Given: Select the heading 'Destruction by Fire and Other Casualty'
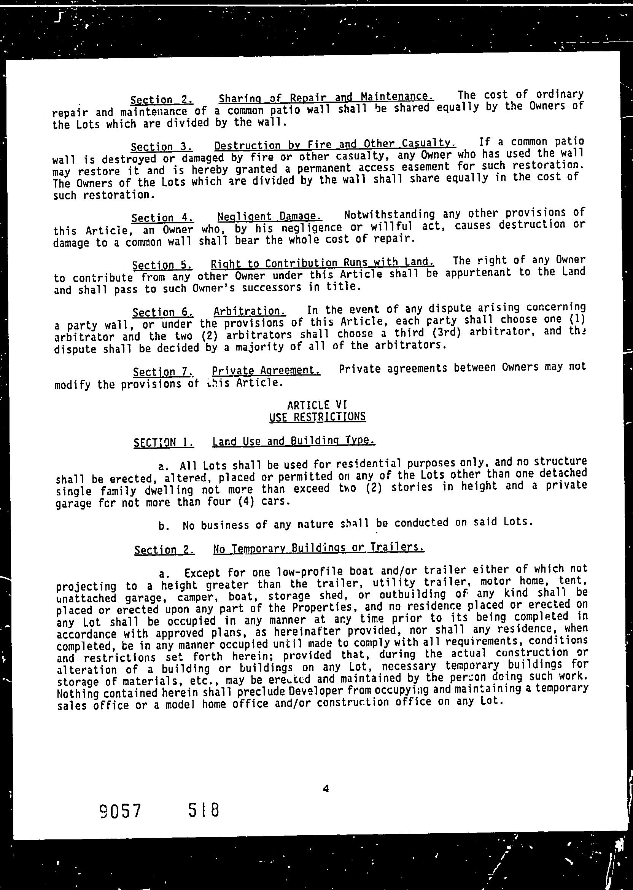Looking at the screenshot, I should [335, 145].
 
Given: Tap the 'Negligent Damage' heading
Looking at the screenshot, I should [269, 216].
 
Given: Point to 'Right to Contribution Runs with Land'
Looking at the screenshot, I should [322, 263].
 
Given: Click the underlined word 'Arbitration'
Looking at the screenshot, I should [250, 311].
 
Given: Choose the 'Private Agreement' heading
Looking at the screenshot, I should [266, 370].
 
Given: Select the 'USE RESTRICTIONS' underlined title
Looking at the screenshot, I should [318, 417].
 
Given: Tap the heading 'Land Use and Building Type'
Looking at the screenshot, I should [294, 441].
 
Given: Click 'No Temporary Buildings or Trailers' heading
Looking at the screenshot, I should [318, 548].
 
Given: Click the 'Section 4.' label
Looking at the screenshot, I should [162, 218].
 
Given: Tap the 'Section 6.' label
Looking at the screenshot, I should [162, 313].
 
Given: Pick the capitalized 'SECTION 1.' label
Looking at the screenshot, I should [164, 443].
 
